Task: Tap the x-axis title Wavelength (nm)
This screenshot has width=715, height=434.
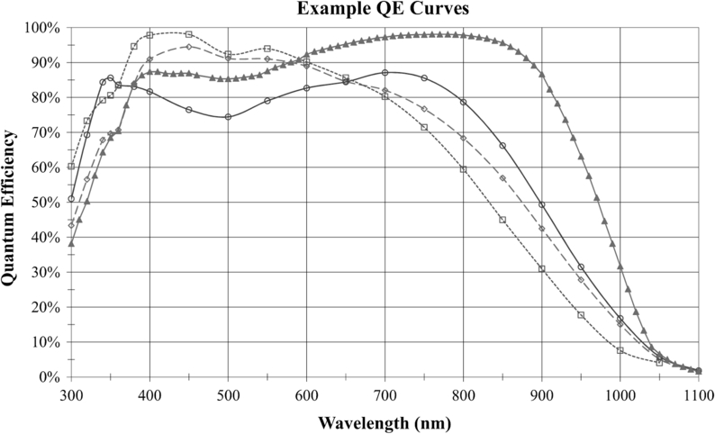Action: pos(385,421)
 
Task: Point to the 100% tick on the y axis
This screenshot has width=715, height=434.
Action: pos(44,28)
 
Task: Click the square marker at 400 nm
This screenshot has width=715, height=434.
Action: pos(149,34)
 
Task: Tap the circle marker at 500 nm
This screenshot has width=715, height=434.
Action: pos(228,117)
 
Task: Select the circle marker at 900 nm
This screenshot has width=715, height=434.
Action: pos(541,204)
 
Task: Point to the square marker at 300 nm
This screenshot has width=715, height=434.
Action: pos(71,167)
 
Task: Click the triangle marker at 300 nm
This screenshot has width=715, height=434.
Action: pos(71,243)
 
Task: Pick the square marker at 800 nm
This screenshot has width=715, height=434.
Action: pos(463,169)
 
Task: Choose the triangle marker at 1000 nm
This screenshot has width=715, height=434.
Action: pos(620,266)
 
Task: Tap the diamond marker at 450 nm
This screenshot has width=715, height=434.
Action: pos(188,47)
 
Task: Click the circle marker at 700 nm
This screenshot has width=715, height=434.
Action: pos(385,73)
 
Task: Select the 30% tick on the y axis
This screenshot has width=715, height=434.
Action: pos(48,272)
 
